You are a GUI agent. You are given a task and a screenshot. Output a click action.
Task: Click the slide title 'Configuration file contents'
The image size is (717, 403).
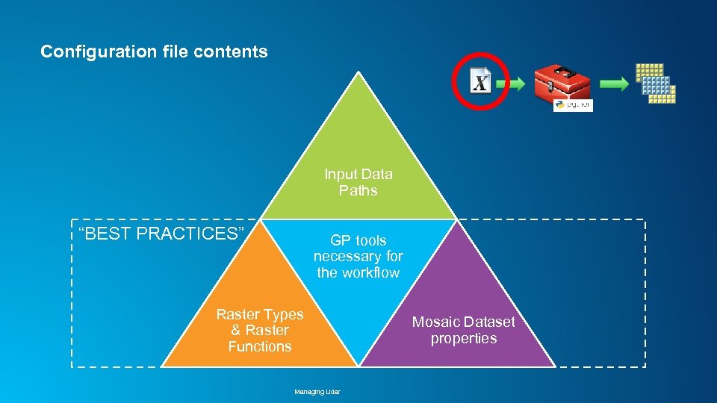point(154,51)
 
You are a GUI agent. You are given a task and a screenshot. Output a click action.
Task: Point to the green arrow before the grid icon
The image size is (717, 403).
point(614,84)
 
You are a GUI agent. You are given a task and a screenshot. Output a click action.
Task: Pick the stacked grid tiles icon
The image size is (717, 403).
point(656,83)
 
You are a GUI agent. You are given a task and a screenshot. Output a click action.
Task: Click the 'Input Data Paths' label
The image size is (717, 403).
point(358,182)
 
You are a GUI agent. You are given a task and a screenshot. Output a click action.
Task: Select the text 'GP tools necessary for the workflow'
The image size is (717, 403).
point(358,256)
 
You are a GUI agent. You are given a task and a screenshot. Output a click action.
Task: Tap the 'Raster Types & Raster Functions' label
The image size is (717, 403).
point(260,330)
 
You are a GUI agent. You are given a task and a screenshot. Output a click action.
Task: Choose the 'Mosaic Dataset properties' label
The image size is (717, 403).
point(464,330)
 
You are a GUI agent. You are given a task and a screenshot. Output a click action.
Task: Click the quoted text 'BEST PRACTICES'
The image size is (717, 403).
point(162,234)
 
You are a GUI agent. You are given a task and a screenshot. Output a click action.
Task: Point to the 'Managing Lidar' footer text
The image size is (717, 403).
point(317,391)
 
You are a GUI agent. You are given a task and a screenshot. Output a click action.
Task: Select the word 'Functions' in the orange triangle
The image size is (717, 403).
point(260,346)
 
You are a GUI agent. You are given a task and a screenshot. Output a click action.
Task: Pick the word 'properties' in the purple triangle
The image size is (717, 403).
point(464,338)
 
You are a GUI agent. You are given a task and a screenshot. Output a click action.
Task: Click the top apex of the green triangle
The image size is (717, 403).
point(359,74)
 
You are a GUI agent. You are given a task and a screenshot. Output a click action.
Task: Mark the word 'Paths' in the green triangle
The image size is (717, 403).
point(358,190)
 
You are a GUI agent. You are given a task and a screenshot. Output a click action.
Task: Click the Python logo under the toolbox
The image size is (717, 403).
point(559,106)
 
